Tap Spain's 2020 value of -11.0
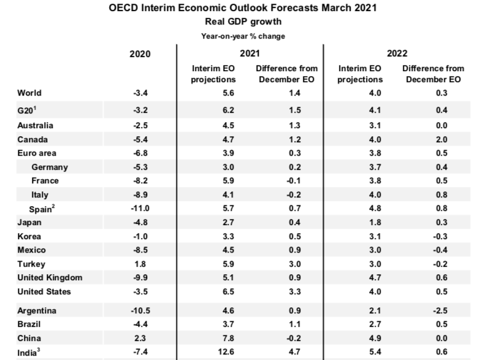point(140,209)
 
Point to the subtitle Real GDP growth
point(243,21)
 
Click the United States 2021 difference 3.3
point(276,291)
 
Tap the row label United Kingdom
point(50,277)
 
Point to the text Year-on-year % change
point(243,36)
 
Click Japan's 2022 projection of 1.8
point(360,222)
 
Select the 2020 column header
point(140,53)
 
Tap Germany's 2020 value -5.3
point(140,167)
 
